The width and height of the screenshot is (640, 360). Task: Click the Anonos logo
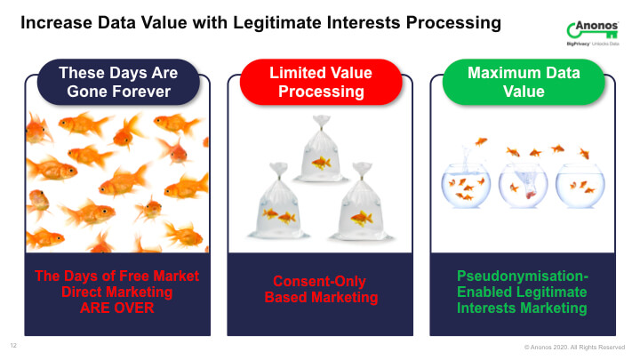pyautogui.click(x=593, y=33)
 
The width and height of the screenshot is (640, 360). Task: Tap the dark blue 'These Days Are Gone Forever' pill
pyautogui.click(x=118, y=82)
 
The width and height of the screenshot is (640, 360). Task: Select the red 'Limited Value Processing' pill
pyautogui.click(x=321, y=82)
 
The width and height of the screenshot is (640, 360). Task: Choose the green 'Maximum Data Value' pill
pyautogui.click(x=524, y=82)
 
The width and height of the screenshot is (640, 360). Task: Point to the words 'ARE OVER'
pyautogui.click(x=117, y=308)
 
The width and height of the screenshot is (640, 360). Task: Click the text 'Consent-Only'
pyautogui.click(x=319, y=281)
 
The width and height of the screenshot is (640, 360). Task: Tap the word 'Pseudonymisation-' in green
pyautogui.click(x=523, y=276)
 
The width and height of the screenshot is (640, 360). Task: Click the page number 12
pyautogui.click(x=13, y=345)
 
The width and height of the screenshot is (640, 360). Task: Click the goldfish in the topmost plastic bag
pyautogui.click(x=321, y=164)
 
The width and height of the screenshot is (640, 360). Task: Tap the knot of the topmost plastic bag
pyautogui.click(x=321, y=121)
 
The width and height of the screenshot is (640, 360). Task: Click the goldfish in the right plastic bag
pyautogui.click(x=362, y=219)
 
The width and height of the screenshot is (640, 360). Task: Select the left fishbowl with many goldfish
pyautogui.click(x=465, y=186)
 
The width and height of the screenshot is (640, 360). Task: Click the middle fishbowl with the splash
pyautogui.click(x=523, y=186)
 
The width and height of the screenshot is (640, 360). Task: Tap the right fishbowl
pyautogui.click(x=580, y=186)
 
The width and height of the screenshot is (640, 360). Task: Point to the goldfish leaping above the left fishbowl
pyautogui.click(x=481, y=141)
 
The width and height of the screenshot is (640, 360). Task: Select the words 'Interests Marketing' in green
pyautogui.click(x=522, y=308)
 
